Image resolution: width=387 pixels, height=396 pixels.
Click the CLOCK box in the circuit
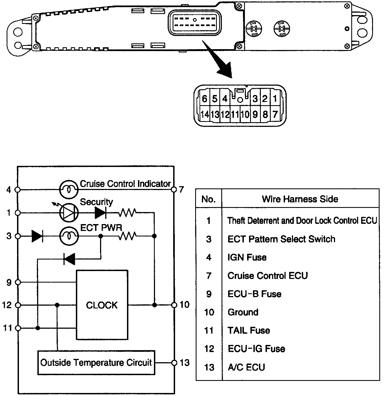pos(102,305)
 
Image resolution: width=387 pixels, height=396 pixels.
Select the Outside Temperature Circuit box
pos(96,362)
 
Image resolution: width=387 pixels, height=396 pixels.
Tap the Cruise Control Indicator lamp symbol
pos(69,189)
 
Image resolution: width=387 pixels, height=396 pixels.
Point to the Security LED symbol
pos(69,213)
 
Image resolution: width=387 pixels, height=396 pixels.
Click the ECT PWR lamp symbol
pos(69,236)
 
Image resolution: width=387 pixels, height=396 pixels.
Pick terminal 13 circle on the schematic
pos(174,363)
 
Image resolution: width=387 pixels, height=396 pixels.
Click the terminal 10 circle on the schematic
pos(174,305)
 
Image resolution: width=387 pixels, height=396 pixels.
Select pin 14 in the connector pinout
pos(205,114)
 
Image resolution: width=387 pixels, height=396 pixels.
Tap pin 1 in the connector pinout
pos(275,99)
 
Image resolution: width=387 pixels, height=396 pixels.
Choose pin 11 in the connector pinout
pos(235,114)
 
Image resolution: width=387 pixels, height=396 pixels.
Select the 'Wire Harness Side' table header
pos(300,199)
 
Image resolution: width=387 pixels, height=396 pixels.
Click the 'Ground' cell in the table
pos(243,312)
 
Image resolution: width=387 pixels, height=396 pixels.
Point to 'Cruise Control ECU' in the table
pos(267,275)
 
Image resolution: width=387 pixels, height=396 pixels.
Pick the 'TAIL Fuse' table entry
pos(249,330)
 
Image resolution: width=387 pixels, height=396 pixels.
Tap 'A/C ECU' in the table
pos(246,367)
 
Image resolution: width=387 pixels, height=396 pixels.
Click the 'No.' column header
pos(208,199)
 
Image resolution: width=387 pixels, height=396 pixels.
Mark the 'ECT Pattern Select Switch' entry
pos(281,239)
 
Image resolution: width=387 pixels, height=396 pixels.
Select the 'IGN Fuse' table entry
pos(247,257)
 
